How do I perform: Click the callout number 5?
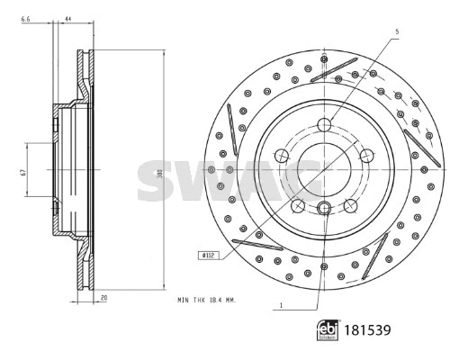pos(394,31)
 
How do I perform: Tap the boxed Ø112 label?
pos(209,255)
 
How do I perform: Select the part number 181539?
pos(368,330)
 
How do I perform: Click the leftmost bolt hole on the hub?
pos(282,156)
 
